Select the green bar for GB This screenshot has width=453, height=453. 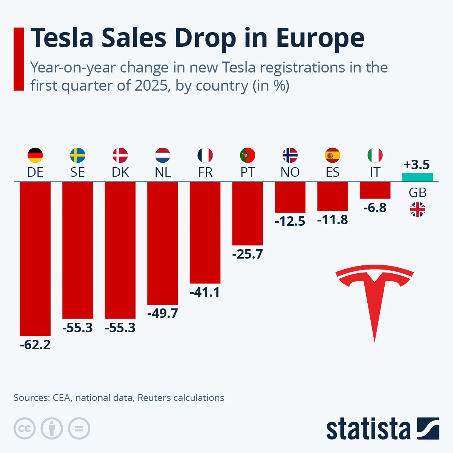point(417,177)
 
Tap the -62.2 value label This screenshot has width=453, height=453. point(35,345)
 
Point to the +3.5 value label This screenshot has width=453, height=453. point(417,165)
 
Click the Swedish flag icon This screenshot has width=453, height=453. point(78,155)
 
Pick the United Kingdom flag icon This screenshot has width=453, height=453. point(418,210)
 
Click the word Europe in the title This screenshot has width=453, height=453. point(320,38)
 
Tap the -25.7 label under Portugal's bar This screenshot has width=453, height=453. point(247,254)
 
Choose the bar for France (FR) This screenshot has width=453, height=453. point(205,233)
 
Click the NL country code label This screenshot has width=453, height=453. point(163,172)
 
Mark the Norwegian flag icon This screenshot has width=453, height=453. point(290,155)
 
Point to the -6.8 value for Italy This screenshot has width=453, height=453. point(375,208)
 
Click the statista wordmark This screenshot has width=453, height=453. point(368,429)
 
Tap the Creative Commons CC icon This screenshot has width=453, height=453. point(25,428)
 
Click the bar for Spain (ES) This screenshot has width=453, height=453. point(333,196)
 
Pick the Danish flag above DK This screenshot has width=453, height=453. point(120,155)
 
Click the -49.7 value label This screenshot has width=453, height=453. point(163,313)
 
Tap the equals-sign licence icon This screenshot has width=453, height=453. point(79,428)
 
